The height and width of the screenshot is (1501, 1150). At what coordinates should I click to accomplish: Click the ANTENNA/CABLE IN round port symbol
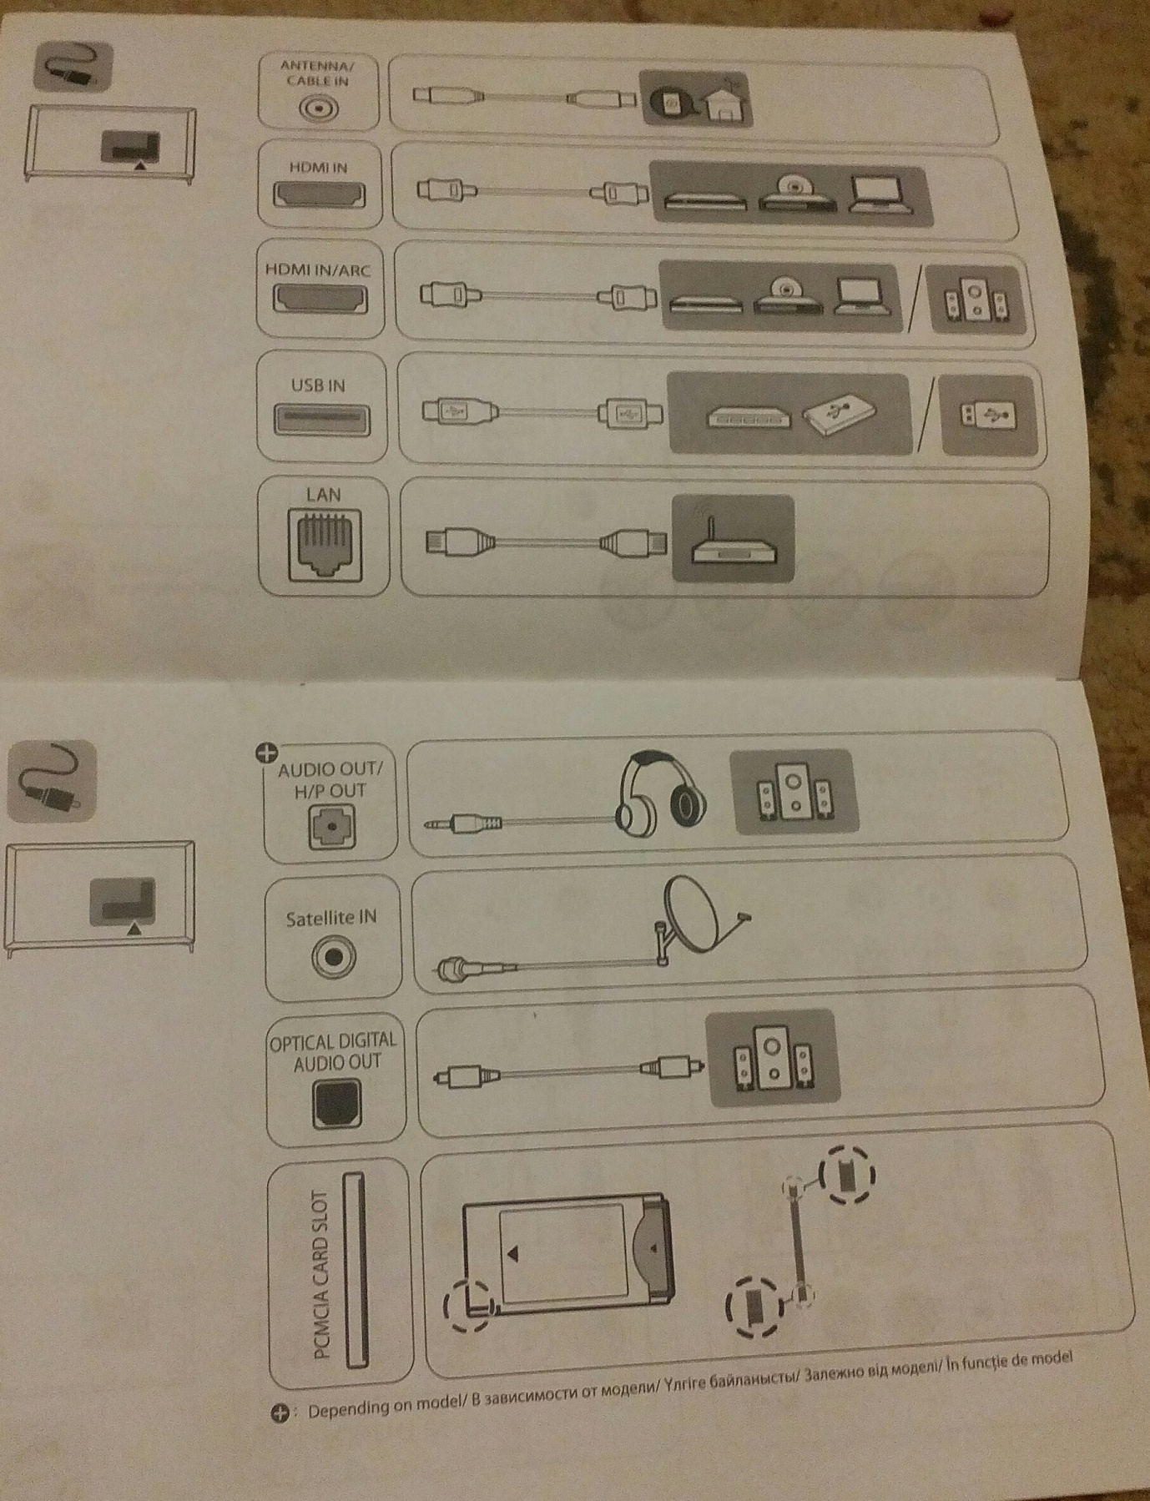pyautogui.click(x=319, y=109)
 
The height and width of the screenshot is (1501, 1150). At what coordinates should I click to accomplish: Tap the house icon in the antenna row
pyautogui.click(x=725, y=100)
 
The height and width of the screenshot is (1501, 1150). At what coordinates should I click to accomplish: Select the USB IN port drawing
pyautogui.click(x=322, y=417)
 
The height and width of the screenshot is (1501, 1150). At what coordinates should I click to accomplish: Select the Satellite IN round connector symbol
pyautogui.click(x=333, y=957)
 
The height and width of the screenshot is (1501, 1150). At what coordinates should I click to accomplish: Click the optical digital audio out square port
pyautogui.click(x=337, y=1104)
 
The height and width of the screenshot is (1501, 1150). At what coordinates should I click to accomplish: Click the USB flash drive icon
pyautogui.click(x=986, y=414)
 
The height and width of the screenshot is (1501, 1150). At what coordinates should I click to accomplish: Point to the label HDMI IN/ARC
pyautogui.click(x=318, y=270)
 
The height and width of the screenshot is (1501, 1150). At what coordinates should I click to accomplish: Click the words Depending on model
pyautogui.click(x=385, y=1409)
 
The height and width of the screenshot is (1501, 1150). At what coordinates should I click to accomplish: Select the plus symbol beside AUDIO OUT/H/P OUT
pyautogui.click(x=266, y=753)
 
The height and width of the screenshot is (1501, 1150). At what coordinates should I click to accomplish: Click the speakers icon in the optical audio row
pyautogui.click(x=772, y=1058)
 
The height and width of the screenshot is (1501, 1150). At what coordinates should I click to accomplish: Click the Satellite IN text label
pyautogui.click(x=331, y=918)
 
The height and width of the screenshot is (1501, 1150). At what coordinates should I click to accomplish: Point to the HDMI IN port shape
pyautogui.click(x=319, y=194)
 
